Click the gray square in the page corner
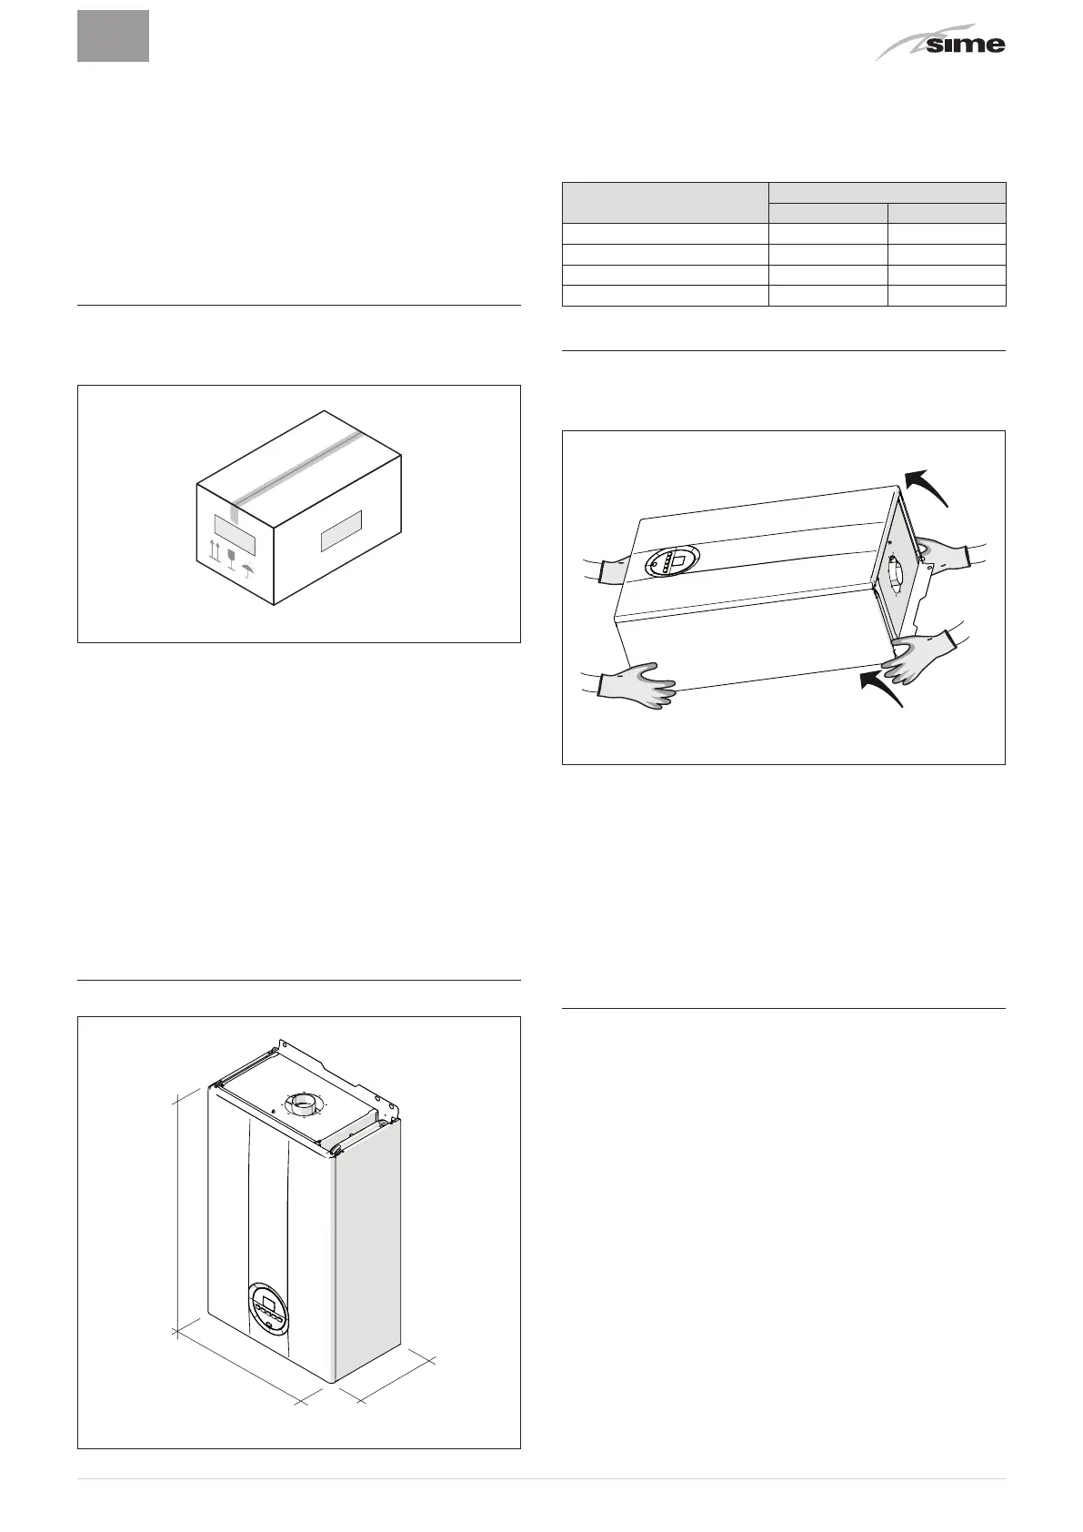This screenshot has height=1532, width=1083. (x=113, y=36)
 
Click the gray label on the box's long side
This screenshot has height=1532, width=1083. (x=342, y=531)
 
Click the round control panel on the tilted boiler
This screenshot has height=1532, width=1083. (x=674, y=565)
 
